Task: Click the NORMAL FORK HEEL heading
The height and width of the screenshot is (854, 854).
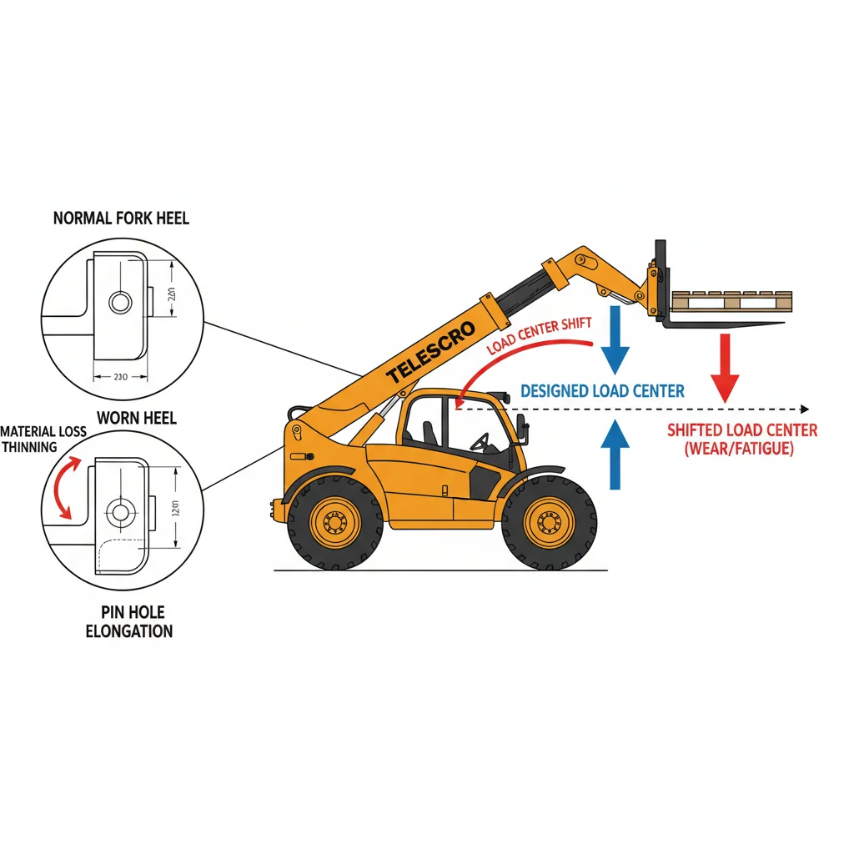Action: click(121, 219)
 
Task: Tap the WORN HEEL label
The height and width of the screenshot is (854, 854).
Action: click(137, 418)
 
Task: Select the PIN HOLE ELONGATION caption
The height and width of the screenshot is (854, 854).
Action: click(129, 621)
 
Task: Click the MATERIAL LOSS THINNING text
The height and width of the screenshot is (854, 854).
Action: click(43, 439)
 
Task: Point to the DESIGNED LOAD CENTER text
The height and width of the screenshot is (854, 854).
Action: click(602, 390)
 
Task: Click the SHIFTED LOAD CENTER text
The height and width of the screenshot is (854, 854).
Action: click(742, 439)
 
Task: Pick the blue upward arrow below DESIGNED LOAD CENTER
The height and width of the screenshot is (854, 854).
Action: click(615, 454)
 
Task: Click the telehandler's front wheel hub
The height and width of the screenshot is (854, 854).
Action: click(549, 523)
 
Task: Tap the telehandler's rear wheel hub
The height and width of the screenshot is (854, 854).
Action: click(334, 523)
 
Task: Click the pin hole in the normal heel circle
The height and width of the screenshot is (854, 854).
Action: click(120, 303)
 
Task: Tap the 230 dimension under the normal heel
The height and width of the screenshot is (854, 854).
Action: click(119, 377)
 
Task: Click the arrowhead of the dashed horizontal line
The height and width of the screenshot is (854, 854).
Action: click(804, 409)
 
